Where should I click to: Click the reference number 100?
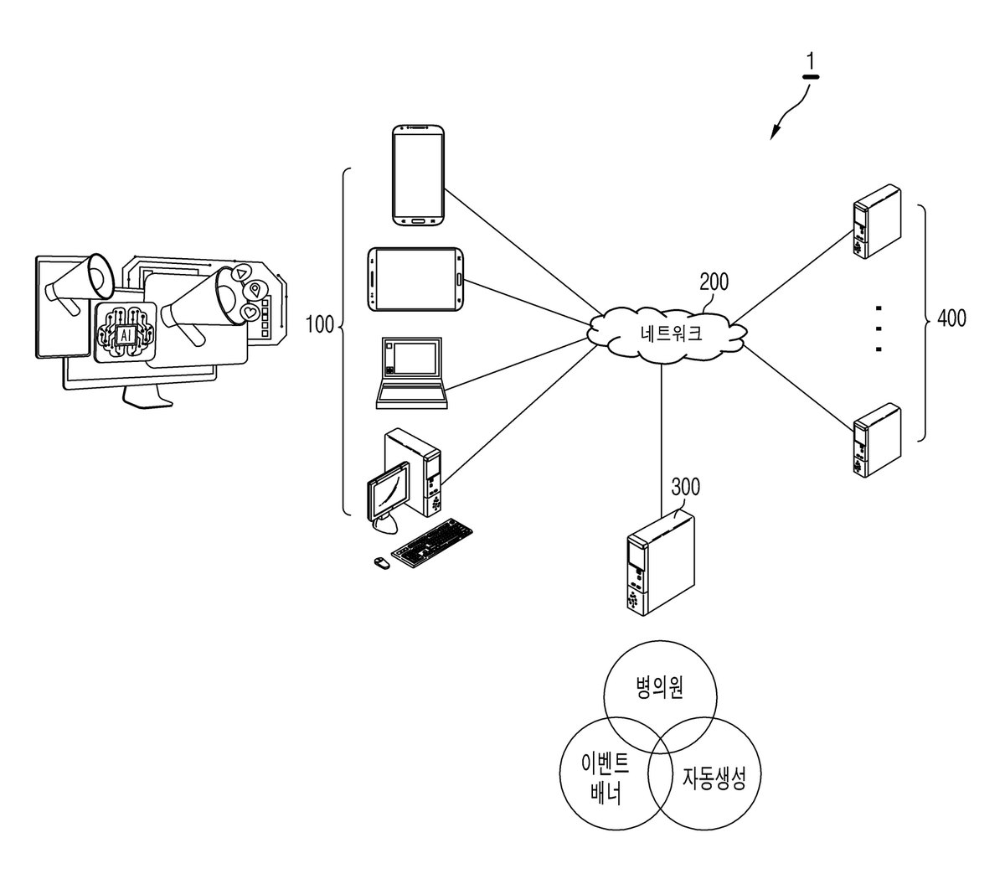click(x=319, y=324)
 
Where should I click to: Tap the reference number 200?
click(x=714, y=282)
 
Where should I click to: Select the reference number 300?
click(x=685, y=487)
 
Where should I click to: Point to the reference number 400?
click(x=951, y=318)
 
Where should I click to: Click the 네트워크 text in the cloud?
click(x=671, y=334)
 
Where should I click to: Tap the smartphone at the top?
click(x=419, y=175)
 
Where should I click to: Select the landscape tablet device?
click(x=415, y=280)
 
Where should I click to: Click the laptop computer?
click(x=411, y=373)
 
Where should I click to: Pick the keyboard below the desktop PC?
click(x=432, y=543)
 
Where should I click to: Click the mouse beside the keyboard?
click(x=381, y=563)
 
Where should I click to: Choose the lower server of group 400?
click(x=878, y=440)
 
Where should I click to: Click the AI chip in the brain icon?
click(x=126, y=335)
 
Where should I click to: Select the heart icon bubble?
click(x=250, y=312)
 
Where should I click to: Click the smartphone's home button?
click(x=419, y=220)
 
